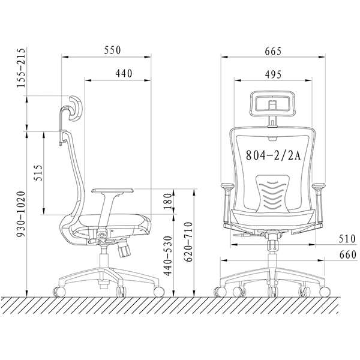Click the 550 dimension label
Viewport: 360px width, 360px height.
112,50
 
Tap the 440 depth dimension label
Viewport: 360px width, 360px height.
124,73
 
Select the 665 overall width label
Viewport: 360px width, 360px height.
273,52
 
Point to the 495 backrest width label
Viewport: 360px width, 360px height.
273,74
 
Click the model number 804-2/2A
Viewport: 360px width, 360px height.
273,155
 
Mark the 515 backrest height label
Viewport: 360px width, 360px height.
38,173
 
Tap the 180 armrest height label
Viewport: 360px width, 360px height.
168,202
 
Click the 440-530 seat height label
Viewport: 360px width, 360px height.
168,256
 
